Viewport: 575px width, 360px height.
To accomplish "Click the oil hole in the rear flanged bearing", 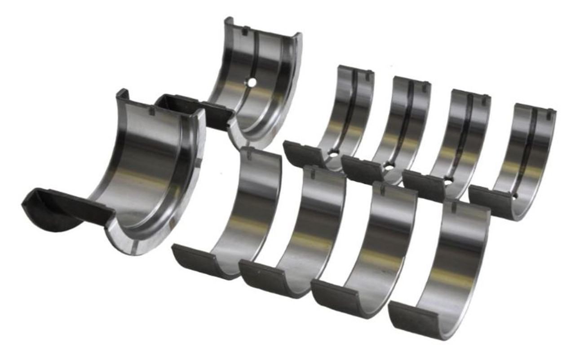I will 252,82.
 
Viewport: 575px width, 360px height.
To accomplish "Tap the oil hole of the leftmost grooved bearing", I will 333,154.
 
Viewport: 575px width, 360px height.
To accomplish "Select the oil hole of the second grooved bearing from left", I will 389,167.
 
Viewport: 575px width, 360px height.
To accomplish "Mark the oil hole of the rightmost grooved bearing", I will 515,195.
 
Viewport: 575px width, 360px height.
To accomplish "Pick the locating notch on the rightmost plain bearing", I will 453,207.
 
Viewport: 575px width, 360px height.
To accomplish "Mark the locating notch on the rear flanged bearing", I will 245,31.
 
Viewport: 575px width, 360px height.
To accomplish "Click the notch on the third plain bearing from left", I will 383,189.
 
